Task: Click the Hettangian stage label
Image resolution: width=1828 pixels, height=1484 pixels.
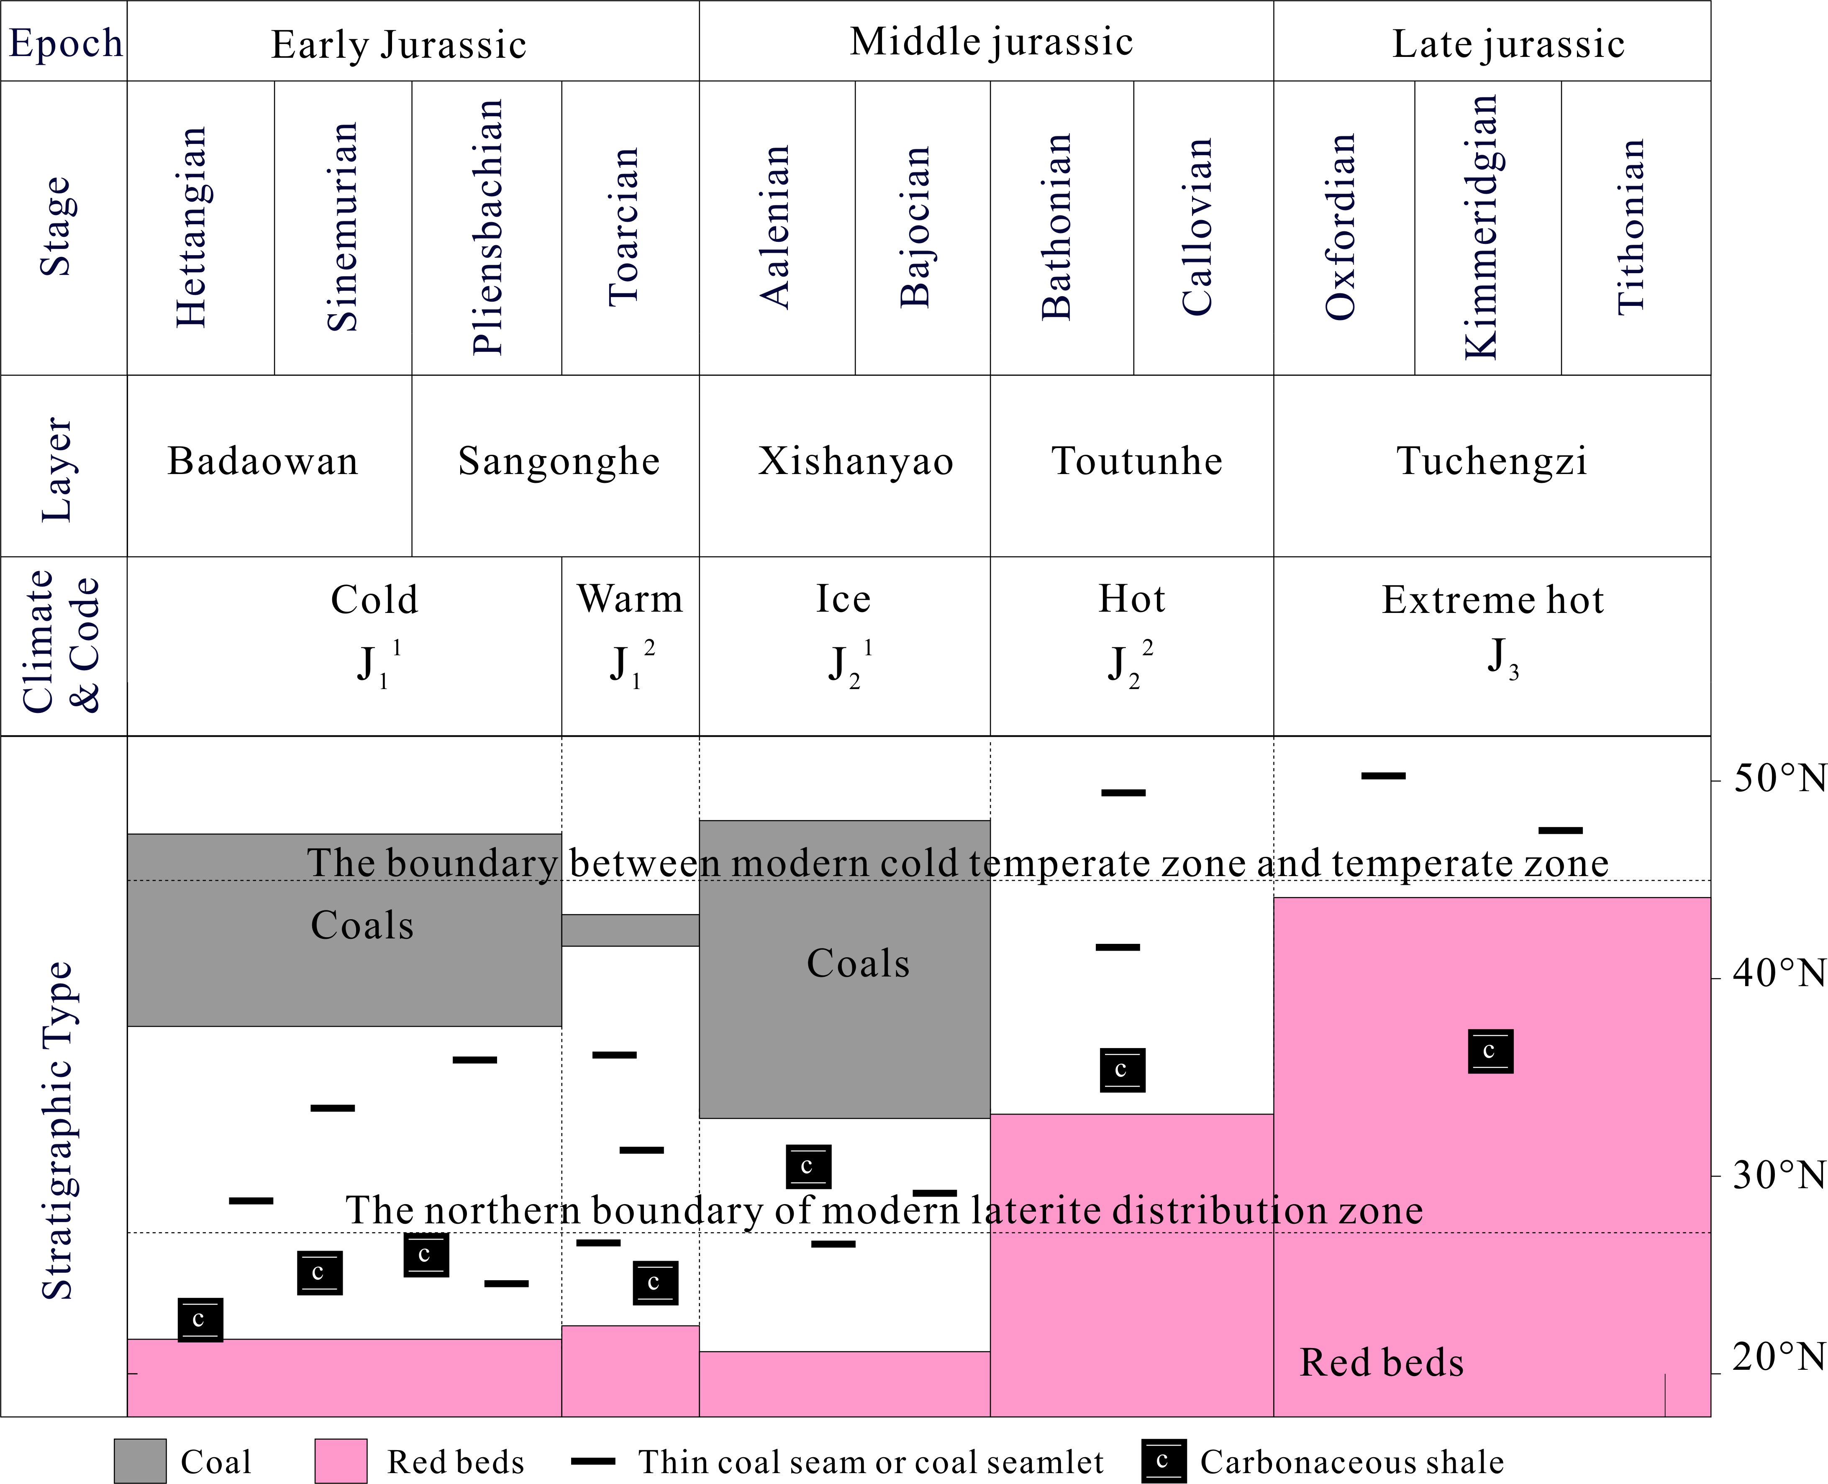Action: pyautogui.click(x=192, y=227)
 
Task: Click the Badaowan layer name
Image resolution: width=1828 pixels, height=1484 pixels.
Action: pyautogui.click(x=262, y=461)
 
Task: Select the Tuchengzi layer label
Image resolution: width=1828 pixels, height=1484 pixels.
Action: pyautogui.click(x=1492, y=461)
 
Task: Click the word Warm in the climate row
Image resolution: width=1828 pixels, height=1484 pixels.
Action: pyautogui.click(x=630, y=598)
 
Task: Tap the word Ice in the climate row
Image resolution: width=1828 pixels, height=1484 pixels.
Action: pyautogui.click(x=843, y=598)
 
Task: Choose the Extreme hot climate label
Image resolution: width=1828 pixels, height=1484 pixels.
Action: pyautogui.click(x=1493, y=600)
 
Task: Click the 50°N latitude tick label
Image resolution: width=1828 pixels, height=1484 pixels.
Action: pyautogui.click(x=1778, y=779)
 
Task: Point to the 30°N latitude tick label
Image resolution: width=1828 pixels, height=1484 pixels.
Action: pyautogui.click(x=1778, y=1176)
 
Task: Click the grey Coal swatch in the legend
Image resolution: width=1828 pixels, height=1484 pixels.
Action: pyautogui.click(x=140, y=1461)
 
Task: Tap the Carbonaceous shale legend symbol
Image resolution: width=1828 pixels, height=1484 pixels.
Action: pyautogui.click(x=1163, y=1461)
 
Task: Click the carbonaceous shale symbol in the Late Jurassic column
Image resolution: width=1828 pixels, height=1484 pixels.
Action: pyautogui.click(x=1490, y=1051)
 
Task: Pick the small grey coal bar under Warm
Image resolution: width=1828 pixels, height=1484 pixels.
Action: pyautogui.click(x=630, y=930)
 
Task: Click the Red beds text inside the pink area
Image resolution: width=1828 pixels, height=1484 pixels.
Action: pyautogui.click(x=1382, y=1363)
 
